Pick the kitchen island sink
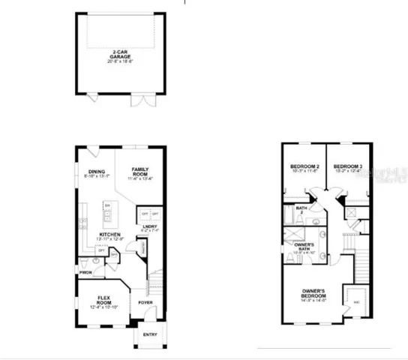[x=107, y=214]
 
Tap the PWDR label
[x=86, y=272]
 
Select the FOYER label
[x=145, y=302]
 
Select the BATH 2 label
[x=301, y=210]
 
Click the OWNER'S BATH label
[x=304, y=247]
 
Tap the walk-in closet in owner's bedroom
[x=353, y=300]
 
